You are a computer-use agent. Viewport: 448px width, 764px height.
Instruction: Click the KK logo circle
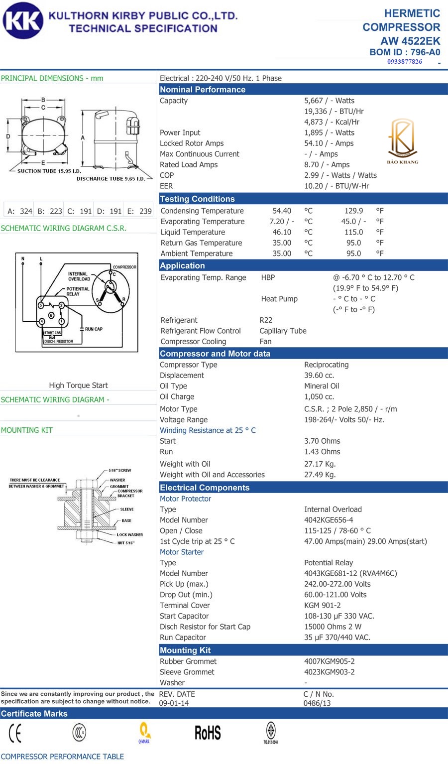coord(23,20)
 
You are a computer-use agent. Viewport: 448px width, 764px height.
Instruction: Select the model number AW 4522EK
coord(410,41)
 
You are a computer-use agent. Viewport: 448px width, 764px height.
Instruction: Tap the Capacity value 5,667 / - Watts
coord(329,101)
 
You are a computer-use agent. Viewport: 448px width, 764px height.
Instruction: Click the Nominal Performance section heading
coord(203,90)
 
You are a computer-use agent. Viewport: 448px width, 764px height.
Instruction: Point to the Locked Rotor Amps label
coord(192,143)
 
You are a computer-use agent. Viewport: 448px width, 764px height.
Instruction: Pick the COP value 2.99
coord(313,175)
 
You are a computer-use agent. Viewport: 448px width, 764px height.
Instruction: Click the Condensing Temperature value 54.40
coord(282,211)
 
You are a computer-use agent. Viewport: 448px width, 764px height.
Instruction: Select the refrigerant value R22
coord(266,320)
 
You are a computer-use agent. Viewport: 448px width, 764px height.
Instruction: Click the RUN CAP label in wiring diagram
coord(94,329)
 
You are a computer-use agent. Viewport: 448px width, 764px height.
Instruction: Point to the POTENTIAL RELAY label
coord(78,291)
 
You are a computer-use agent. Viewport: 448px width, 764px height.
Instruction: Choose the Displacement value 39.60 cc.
coord(319,376)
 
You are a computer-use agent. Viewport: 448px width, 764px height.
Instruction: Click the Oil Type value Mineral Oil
coord(322,386)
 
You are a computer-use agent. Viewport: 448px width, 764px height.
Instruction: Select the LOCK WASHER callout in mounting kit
coord(129,534)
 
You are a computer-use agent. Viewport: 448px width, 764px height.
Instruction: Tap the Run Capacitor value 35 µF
coord(337,637)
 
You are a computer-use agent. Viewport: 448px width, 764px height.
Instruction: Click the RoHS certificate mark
coord(208,733)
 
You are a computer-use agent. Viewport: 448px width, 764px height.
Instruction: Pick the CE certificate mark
coord(15,733)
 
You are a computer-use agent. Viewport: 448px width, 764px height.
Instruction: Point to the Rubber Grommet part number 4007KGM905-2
coord(329,661)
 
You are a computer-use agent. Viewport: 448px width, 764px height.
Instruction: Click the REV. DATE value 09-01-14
coord(174,703)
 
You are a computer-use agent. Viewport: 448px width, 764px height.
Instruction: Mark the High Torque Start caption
coord(78,385)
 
